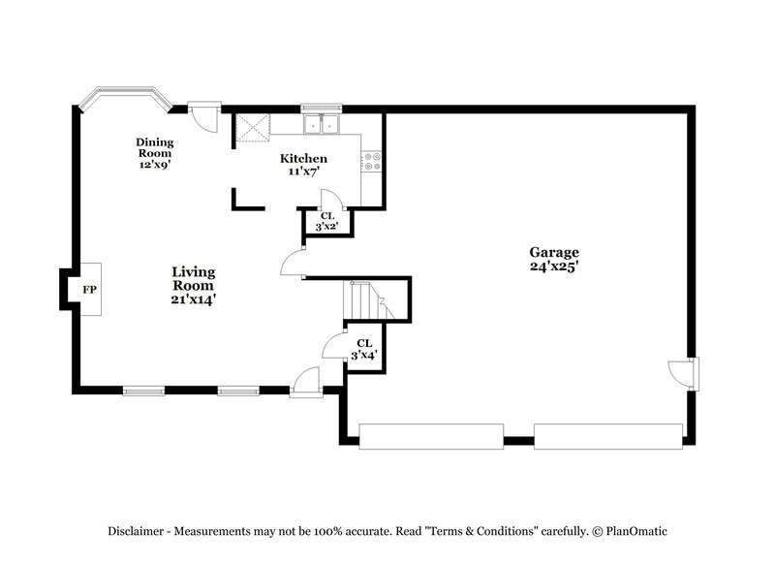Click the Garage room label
554,259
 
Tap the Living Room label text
194,285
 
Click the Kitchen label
303,164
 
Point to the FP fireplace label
89,290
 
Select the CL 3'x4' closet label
364,349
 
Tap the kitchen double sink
320,124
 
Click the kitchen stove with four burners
373,161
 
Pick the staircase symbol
369,299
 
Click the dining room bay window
124,96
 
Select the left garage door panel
431,436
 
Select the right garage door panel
607,436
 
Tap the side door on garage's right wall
683,373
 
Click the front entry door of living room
305,383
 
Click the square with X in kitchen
253,128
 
